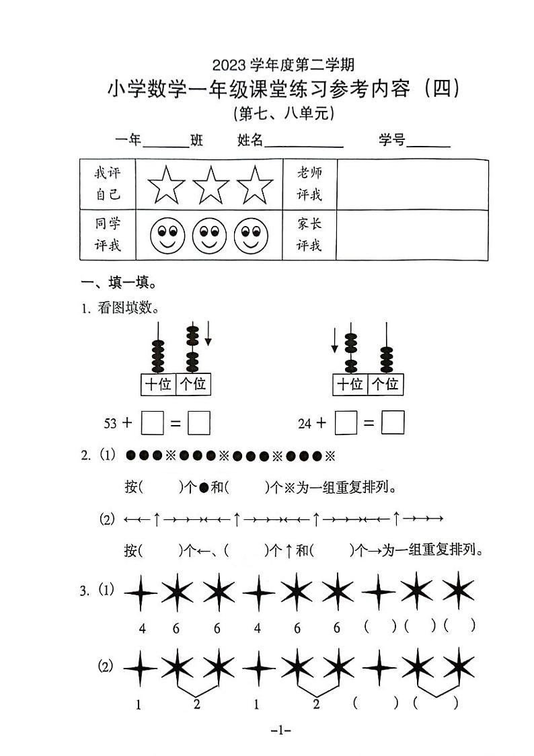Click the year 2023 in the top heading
[x=229, y=65]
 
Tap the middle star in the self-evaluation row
[x=212, y=185]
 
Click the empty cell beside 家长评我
[x=412, y=235]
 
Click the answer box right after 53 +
[x=153, y=423]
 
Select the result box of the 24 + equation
[x=393, y=423]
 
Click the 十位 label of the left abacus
[x=158, y=385]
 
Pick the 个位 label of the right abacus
[x=385, y=385]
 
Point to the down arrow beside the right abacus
[x=335, y=340]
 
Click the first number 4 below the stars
[x=143, y=629]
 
